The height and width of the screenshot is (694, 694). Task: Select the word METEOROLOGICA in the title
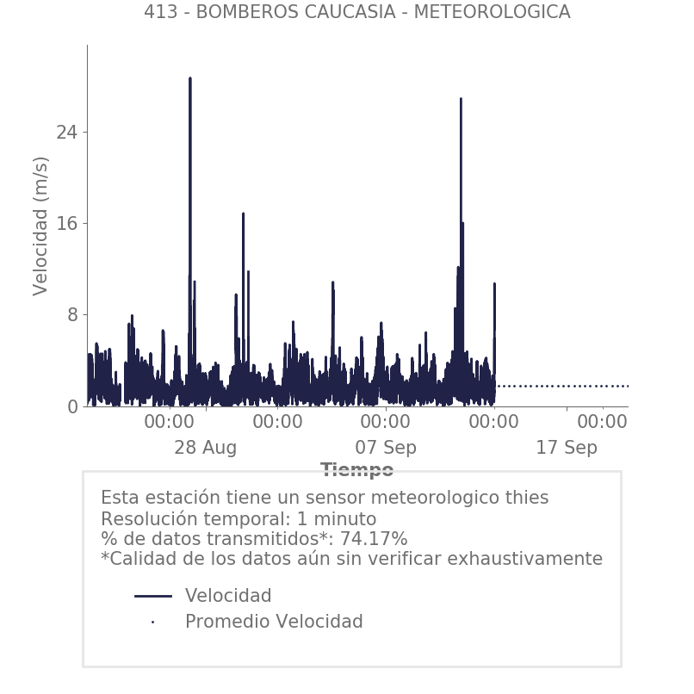[x=503, y=12]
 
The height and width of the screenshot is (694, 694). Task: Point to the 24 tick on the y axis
[x=66, y=132]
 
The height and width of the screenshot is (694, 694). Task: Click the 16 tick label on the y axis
[x=66, y=224]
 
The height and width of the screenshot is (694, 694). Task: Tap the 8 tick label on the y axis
[x=71, y=315]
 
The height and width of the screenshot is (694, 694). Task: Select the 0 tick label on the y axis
[x=71, y=406]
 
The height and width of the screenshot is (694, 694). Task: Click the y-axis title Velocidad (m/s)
[x=40, y=226]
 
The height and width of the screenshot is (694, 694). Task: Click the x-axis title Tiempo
[x=356, y=470]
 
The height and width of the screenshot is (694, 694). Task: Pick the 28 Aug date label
[x=205, y=448]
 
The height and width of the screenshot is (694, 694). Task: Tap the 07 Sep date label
[x=386, y=448]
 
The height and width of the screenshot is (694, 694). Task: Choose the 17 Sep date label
[x=567, y=448]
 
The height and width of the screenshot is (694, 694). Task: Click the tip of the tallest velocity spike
[x=190, y=78]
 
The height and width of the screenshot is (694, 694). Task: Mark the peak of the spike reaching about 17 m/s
[x=243, y=214]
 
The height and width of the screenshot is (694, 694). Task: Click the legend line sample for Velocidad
[x=153, y=596]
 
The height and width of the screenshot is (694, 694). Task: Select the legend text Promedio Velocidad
[x=274, y=622]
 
